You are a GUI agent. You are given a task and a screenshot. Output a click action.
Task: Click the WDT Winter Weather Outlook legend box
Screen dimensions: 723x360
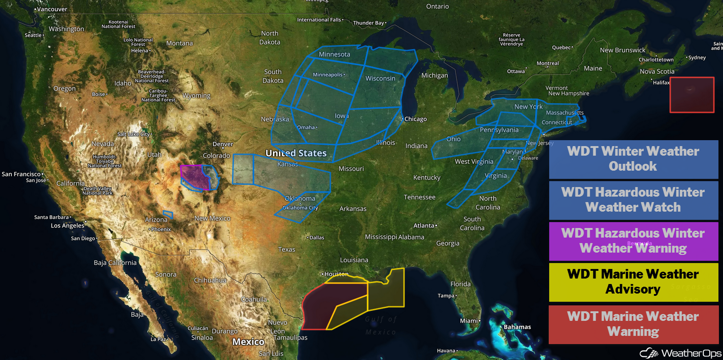coord(633,159)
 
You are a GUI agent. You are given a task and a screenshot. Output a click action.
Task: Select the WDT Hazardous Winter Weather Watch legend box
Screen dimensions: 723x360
coord(633,200)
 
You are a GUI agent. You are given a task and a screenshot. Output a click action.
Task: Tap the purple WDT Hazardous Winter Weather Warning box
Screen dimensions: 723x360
coord(633,241)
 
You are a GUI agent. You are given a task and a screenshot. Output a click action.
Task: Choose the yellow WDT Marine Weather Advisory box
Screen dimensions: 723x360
coord(633,282)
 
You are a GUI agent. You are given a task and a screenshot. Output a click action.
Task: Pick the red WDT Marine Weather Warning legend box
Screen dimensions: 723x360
coord(633,324)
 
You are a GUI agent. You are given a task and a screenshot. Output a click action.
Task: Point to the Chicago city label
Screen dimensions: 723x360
coord(415,119)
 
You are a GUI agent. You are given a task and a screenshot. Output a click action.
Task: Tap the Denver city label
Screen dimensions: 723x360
coord(223,144)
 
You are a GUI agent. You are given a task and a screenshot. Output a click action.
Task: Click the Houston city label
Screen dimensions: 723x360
coord(336,274)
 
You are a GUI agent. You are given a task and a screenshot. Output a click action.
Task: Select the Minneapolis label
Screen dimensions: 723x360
coord(328,75)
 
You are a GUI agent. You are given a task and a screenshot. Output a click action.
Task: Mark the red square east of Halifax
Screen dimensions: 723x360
coord(692,95)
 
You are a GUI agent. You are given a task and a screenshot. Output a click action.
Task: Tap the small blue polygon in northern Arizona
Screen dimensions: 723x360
coord(168,214)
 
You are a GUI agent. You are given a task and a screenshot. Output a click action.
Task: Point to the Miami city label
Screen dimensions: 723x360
coord(469,321)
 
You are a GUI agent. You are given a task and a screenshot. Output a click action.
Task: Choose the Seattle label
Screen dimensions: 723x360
coord(33,35)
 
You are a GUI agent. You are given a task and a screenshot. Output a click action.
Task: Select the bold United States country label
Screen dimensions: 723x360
coord(296,153)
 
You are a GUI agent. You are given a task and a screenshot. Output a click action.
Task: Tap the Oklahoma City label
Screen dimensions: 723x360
coord(300,208)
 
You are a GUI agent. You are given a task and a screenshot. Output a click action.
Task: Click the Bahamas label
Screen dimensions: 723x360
coord(517,327)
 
